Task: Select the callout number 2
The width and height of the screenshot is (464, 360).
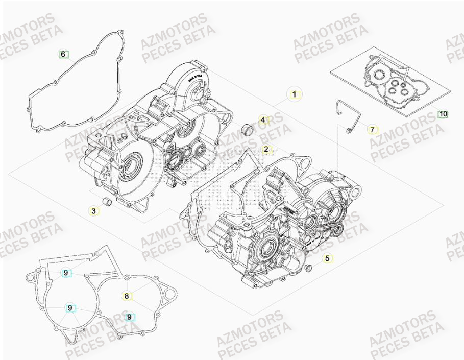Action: coord(266,150)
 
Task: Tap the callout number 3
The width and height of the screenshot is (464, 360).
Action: coord(93,210)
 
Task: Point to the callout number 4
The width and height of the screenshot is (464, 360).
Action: coord(263,121)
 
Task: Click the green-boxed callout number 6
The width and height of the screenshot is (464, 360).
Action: coord(63,54)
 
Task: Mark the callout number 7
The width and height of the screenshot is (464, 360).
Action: coord(372,130)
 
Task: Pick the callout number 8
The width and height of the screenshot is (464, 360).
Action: coord(127,295)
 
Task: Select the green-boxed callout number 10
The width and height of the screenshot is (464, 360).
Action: coord(443,114)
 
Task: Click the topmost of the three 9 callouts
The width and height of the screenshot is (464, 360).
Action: coord(66,273)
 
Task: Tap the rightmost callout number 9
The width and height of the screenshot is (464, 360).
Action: coord(130,317)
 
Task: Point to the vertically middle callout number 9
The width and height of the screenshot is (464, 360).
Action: coord(69,307)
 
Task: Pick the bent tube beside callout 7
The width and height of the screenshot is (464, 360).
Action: coord(344,115)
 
